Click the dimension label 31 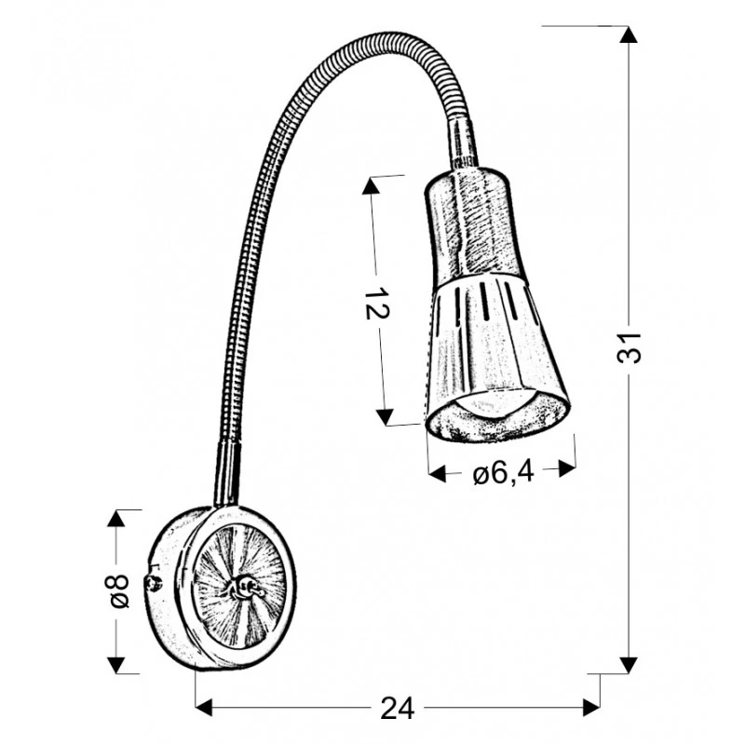630,347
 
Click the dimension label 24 398,709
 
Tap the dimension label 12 377,304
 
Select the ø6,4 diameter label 504,473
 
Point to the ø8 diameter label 119,591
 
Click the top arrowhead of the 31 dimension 629,34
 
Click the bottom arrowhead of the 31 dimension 629,665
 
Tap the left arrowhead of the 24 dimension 204,708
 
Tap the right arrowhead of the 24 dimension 591,708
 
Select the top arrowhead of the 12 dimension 371,185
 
